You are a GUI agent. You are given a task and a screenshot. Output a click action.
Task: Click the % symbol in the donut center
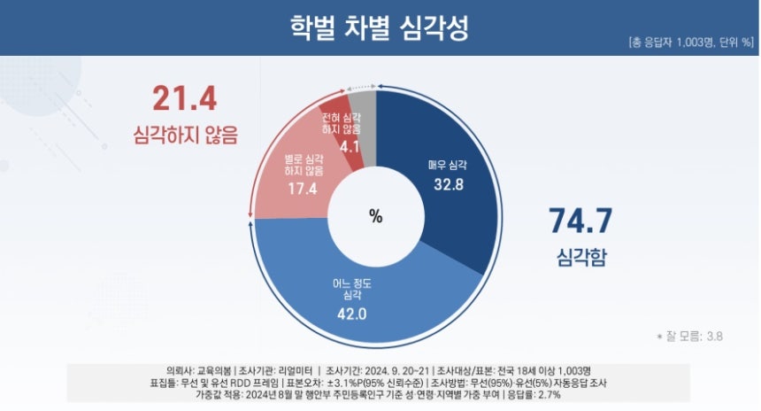click(375, 215)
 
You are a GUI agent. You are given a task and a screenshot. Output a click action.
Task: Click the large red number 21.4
click(184, 98)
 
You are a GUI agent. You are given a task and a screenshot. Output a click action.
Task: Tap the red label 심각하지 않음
click(186, 136)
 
